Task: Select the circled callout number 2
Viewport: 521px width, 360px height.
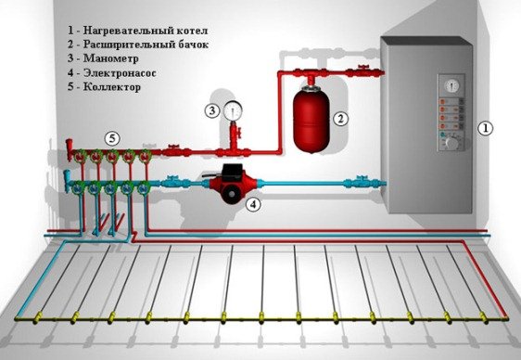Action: [340, 118]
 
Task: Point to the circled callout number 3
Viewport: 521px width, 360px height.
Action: [211, 110]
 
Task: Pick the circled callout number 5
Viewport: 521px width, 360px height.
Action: [112, 138]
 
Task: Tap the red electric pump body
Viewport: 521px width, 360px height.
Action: [225, 183]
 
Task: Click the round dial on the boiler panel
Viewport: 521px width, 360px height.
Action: [451, 84]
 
